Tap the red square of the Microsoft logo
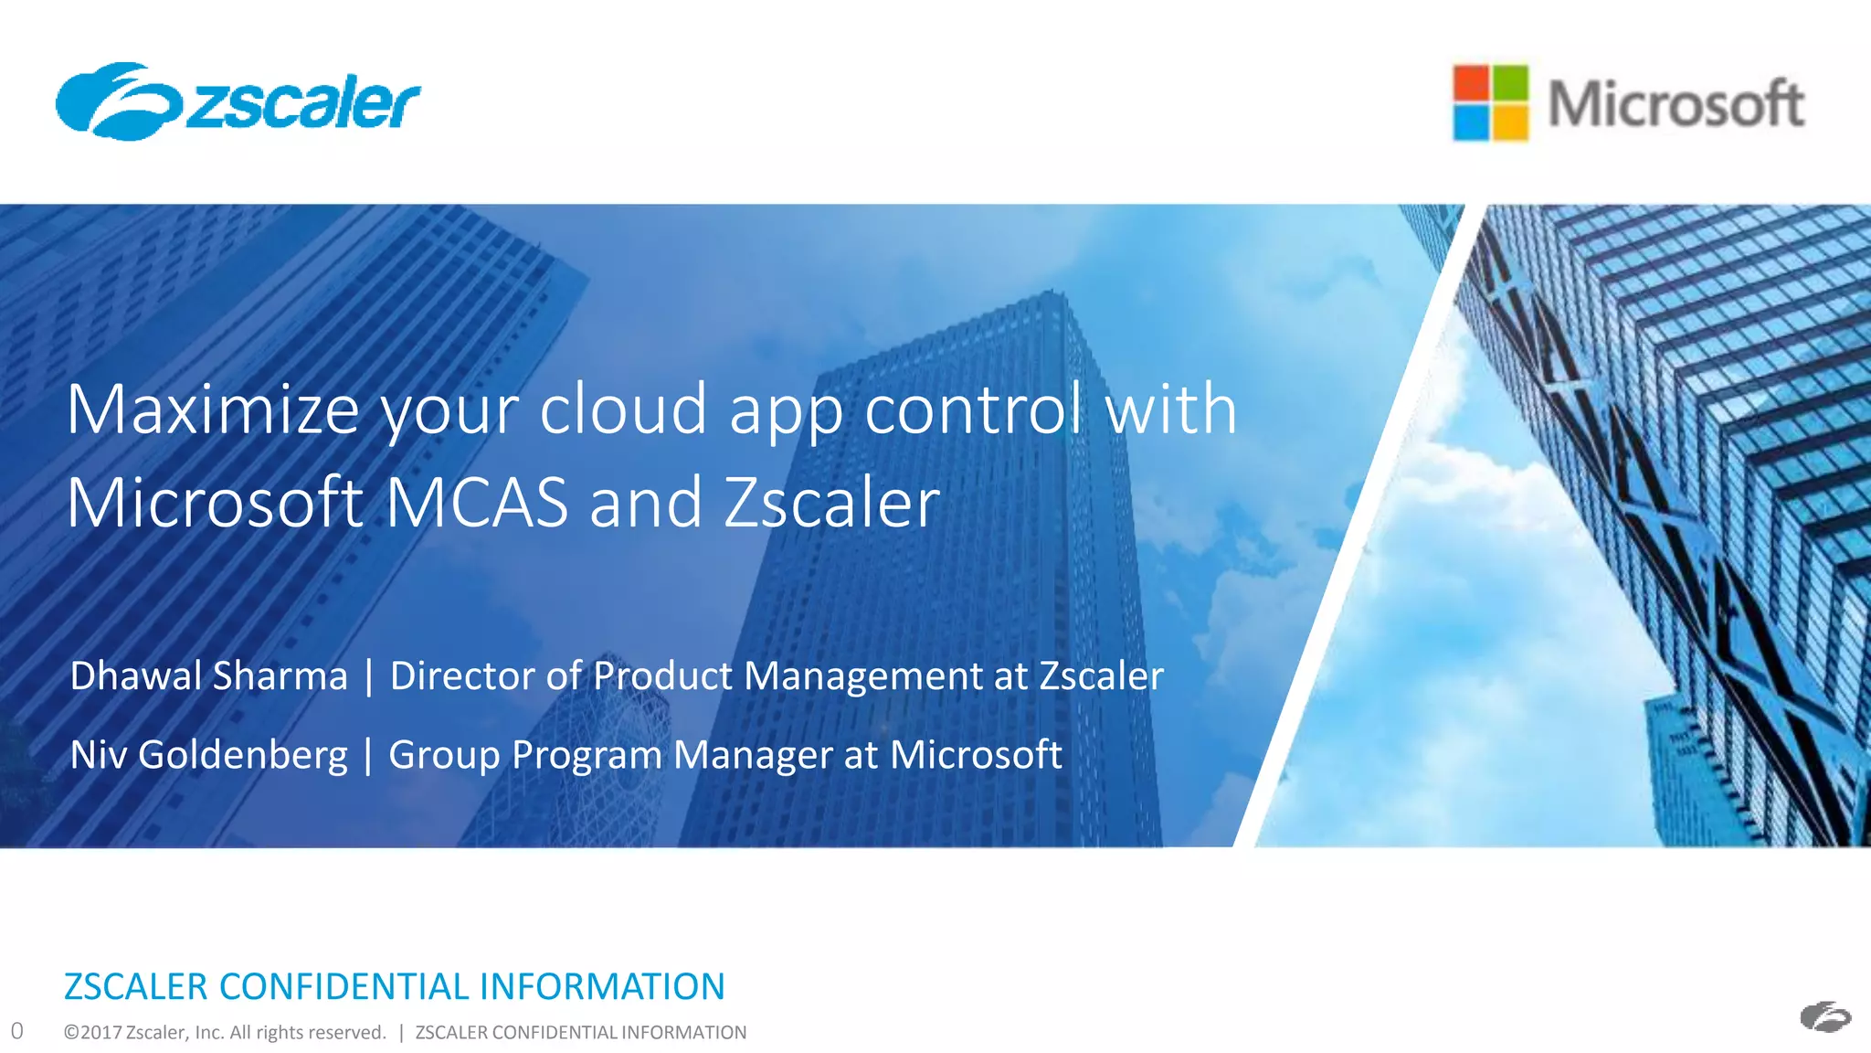click(1471, 84)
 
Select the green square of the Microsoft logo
click(1509, 84)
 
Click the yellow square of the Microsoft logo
click(1509, 122)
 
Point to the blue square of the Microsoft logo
click(1471, 122)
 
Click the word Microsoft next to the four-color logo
click(1675, 103)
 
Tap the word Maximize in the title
click(213, 409)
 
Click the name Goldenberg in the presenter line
click(242, 755)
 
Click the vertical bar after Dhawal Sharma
click(369, 677)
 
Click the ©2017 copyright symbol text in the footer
click(92, 1033)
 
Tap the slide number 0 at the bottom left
click(16, 1031)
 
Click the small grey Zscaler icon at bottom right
click(1824, 1016)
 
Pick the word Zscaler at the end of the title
click(831, 503)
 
